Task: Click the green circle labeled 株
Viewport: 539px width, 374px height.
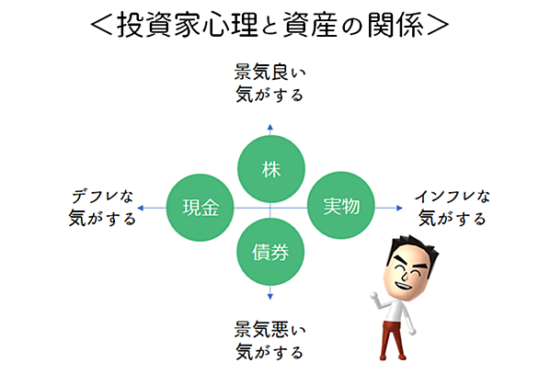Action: (x=270, y=169)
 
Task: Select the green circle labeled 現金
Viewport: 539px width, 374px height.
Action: (x=201, y=208)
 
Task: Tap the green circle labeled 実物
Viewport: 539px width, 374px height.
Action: (x=341, y=205)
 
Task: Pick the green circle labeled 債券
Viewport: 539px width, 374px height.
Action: (x=270, y=252)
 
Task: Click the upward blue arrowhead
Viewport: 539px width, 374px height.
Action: (x=270, y=127)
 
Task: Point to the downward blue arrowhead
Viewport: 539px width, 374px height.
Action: (x=270, y=296)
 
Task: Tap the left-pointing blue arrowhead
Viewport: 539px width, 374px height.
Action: (x=140, y=208)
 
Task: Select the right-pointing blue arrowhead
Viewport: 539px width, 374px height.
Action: (x=399, y=208)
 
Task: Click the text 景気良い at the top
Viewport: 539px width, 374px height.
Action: (x=269, y=72)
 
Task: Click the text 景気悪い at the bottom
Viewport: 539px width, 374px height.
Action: (x=269, y=329)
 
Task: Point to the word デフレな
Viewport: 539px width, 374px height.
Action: (x=102, y=197)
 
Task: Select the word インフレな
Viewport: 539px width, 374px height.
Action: (x=453, y=197)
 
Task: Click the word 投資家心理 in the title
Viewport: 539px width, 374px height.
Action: (x=188, y=25)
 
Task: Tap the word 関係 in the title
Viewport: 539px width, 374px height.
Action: (x=396, y=25)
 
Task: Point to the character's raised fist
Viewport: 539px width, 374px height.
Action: (x=374, y=296)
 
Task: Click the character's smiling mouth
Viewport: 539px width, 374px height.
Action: (x=402, y=285)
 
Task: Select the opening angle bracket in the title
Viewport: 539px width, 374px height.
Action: (x=102, y=25)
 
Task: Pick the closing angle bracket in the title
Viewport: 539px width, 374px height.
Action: (x=438, y=25)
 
